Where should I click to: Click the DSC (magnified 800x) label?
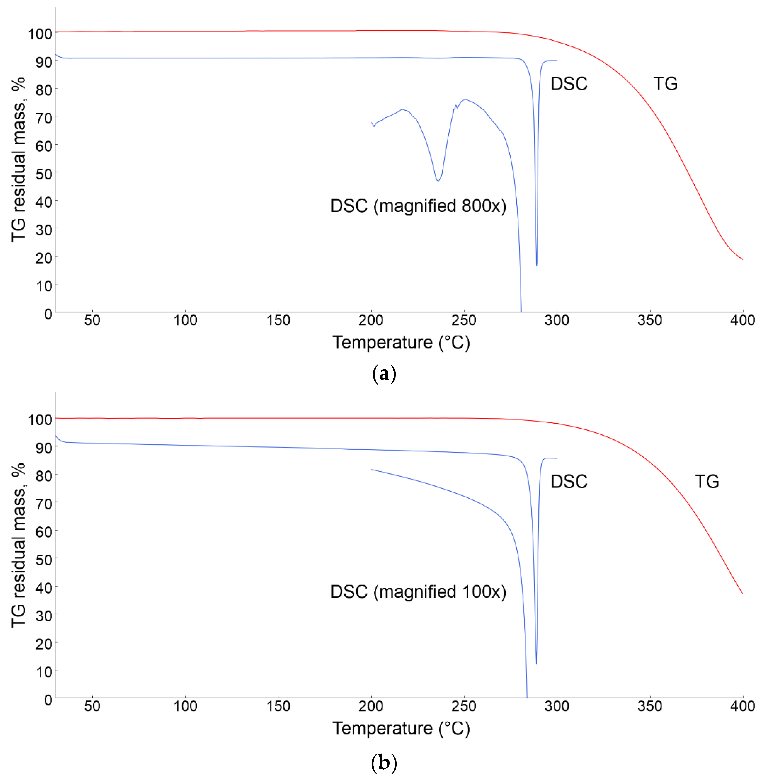[x=418, y=206]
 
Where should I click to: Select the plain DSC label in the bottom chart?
[x=568, y=482]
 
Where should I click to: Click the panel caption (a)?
[x=384, y=374]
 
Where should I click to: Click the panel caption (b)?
[x=384, y=762]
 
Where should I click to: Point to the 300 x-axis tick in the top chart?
[x=557, y=320]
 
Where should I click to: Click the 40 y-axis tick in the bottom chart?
[x=44, y=588]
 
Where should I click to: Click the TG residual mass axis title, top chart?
[x=18, y=160]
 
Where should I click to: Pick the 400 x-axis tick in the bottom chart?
[x=742, y=706]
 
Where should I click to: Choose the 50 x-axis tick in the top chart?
[x=92, y=320]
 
